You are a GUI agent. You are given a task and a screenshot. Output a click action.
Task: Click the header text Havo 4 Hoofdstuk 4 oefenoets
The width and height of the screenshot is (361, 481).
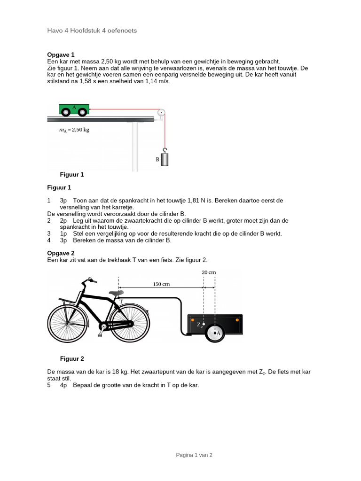coord(92,31)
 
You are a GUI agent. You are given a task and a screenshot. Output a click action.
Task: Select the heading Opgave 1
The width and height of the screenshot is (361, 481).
coord(61,54)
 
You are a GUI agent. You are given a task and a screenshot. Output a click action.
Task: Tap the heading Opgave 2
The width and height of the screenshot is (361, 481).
coord(61,253)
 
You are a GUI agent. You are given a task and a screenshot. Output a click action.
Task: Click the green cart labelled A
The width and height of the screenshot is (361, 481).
coord(74,109)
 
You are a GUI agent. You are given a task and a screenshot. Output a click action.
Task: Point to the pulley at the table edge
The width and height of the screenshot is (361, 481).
coord(161,113)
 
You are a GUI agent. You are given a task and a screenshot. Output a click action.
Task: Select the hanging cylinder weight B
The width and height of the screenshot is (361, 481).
coord(165,158)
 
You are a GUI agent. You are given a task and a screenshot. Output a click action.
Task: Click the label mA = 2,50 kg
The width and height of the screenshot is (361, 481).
coord(71,130)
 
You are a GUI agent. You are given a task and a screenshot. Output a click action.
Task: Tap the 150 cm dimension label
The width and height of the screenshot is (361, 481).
coord(161,284)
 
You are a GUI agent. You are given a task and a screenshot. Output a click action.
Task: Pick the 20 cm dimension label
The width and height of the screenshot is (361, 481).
coord(209,272)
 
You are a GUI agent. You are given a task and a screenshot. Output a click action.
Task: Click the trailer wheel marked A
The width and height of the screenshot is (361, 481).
coord(215,333)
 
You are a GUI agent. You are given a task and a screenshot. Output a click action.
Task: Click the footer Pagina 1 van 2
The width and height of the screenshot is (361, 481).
coord(194,455)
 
